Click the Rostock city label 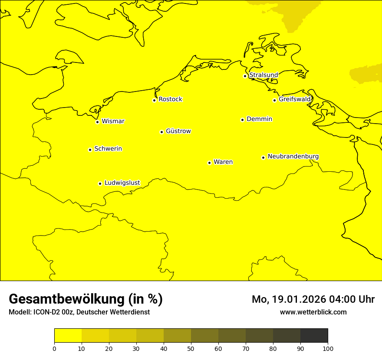[x=170, y=99]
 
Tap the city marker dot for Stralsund [x=245, y=76]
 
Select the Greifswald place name [x=295, y=99]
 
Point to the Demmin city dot [x=242, y=120]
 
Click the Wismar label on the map [x=113, y=121]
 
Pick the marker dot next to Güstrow [x=161, y=132]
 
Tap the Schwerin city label [x=108, y=149]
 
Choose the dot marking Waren [x=209, y=163]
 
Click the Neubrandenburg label [x=293, y=156]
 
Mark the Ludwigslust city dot [x=100, y=183]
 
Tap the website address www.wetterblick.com [x=313, y=312]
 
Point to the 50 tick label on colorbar [x=191, y=348]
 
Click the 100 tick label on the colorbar [x=328, y=348]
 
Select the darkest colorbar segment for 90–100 [x=314, y=336]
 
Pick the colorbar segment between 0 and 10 [x=68, y=336]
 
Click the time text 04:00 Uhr [x=353, y=299]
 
